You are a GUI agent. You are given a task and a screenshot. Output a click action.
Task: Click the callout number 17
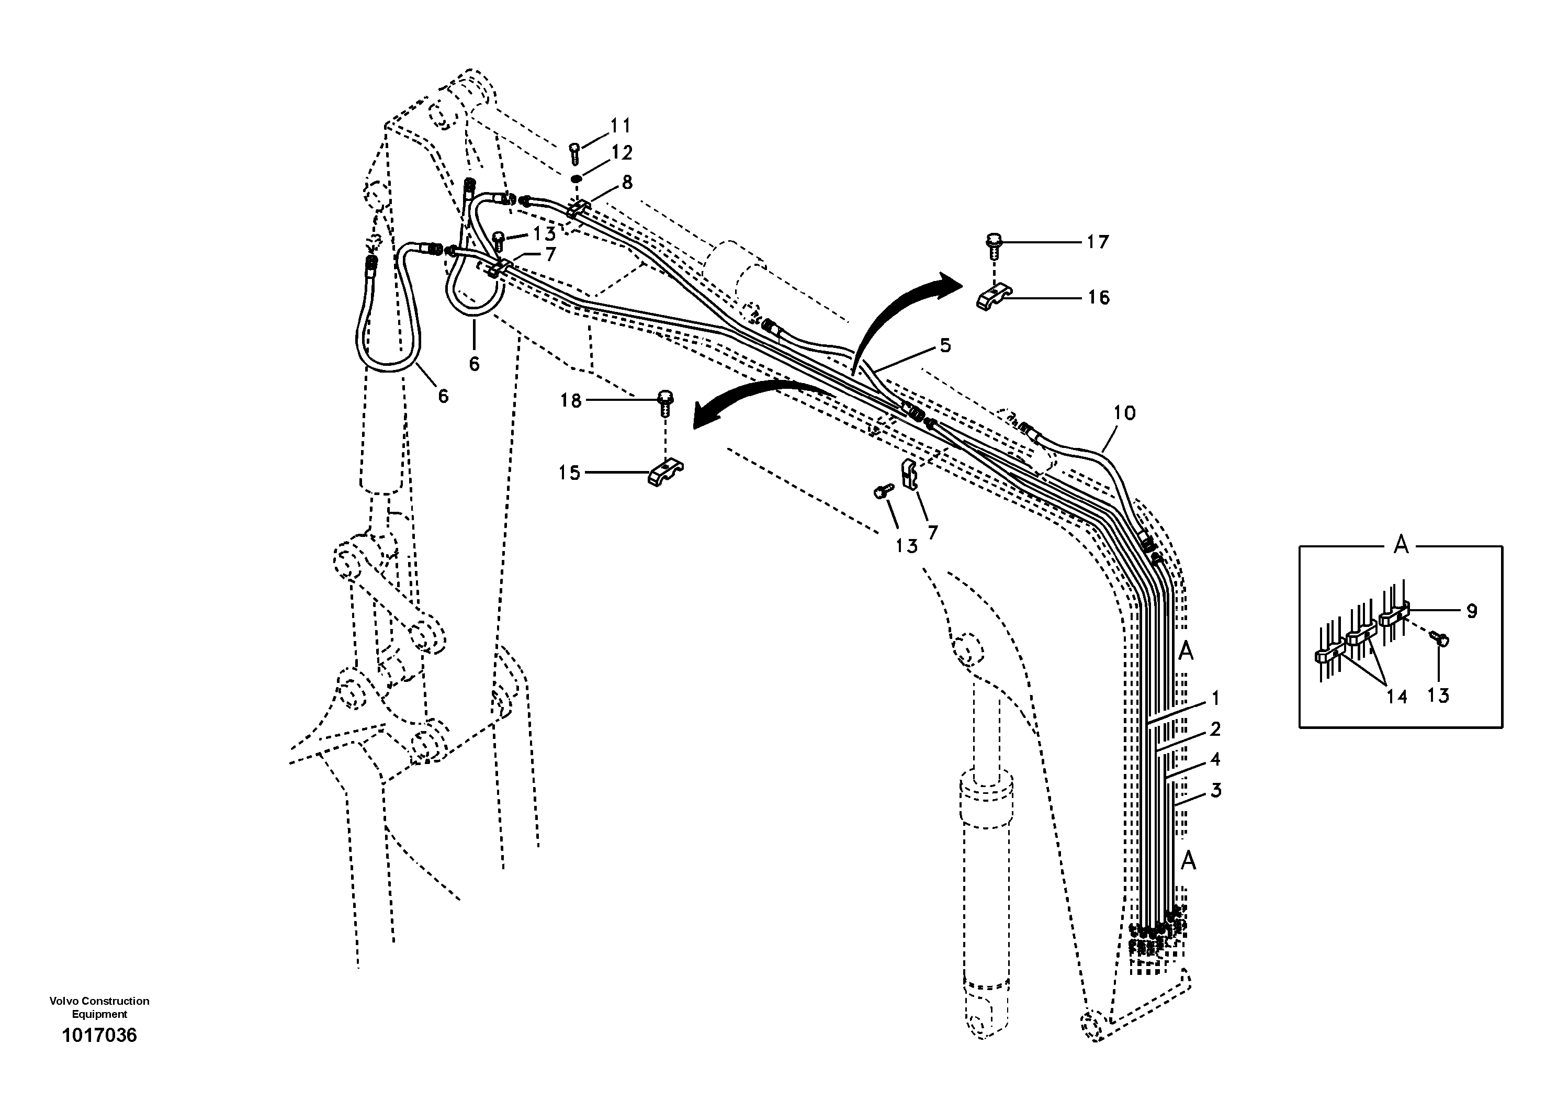coord(1097,242)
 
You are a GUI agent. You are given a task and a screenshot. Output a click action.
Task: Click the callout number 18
coord(570,401)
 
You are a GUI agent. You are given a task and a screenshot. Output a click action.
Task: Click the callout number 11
coord(620,126)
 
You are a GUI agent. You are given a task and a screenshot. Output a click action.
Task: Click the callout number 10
coord(1124,412)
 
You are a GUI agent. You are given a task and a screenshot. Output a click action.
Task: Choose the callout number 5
coord(945,346)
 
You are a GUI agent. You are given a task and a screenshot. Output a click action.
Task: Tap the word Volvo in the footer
coord(61,1001)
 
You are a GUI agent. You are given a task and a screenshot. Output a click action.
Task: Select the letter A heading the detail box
coord(1401,545)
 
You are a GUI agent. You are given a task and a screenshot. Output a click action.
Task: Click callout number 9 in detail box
coord(1472,612)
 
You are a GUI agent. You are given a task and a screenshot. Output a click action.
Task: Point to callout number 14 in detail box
coord(1396,697)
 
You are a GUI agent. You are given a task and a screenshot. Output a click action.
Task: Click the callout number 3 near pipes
coord(1216,790)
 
